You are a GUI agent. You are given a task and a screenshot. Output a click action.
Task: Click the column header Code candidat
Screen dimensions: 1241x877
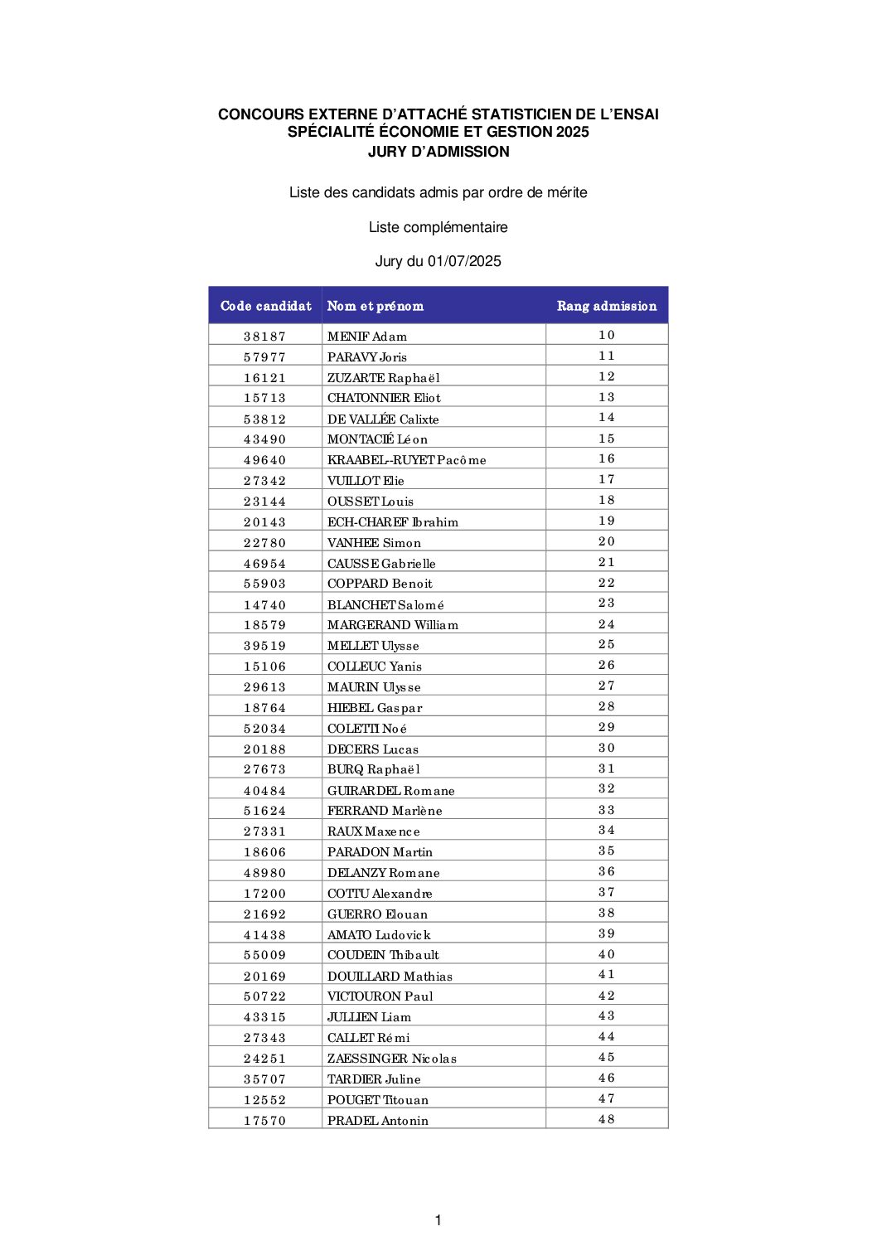(x=265, y=306)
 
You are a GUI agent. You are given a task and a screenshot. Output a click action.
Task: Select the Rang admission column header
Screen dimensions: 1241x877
(x=607, y=306)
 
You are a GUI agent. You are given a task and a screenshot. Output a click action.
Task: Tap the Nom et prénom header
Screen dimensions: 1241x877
(x=376, y=306)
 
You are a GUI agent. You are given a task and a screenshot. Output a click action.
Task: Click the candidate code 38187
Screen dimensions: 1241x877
(x=265, y=337)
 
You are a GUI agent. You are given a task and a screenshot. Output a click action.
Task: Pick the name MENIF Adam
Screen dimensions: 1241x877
(x=367, y=337)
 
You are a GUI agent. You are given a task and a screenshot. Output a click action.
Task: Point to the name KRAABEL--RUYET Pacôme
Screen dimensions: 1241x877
(x=407, y=460)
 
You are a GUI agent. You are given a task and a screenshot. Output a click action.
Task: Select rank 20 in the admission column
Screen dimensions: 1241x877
(x=607, y=541)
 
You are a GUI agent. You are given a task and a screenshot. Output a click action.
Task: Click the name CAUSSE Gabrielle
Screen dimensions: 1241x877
(x=381, y=564)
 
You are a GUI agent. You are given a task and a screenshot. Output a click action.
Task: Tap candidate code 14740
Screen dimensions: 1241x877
(x=265, y=605)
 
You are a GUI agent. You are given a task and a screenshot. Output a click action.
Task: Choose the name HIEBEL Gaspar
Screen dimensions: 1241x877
(x=375, y=708)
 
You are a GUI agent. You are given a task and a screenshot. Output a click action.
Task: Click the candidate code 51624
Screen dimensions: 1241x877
(x=265, y=811)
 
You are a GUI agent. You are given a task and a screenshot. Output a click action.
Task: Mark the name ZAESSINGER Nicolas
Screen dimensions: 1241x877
(x=392, y=1059)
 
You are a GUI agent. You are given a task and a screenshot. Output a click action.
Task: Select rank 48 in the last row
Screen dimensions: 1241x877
(x=607, y=1119)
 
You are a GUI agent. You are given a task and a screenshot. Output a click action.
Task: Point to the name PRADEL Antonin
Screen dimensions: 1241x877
(x=378, y=1121)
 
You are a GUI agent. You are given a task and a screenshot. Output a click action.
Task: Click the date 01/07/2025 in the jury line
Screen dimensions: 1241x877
(x=464, y=261)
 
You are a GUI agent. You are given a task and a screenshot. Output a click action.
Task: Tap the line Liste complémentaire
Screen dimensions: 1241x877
(x=438, y=227)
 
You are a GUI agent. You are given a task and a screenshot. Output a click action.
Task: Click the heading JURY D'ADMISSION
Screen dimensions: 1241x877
(x=438, y=152)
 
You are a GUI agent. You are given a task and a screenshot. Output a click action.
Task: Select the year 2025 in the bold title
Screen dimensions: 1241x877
(x=573, y=132)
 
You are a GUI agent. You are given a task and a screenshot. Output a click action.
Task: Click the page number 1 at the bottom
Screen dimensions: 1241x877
(x=438, y=1219)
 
